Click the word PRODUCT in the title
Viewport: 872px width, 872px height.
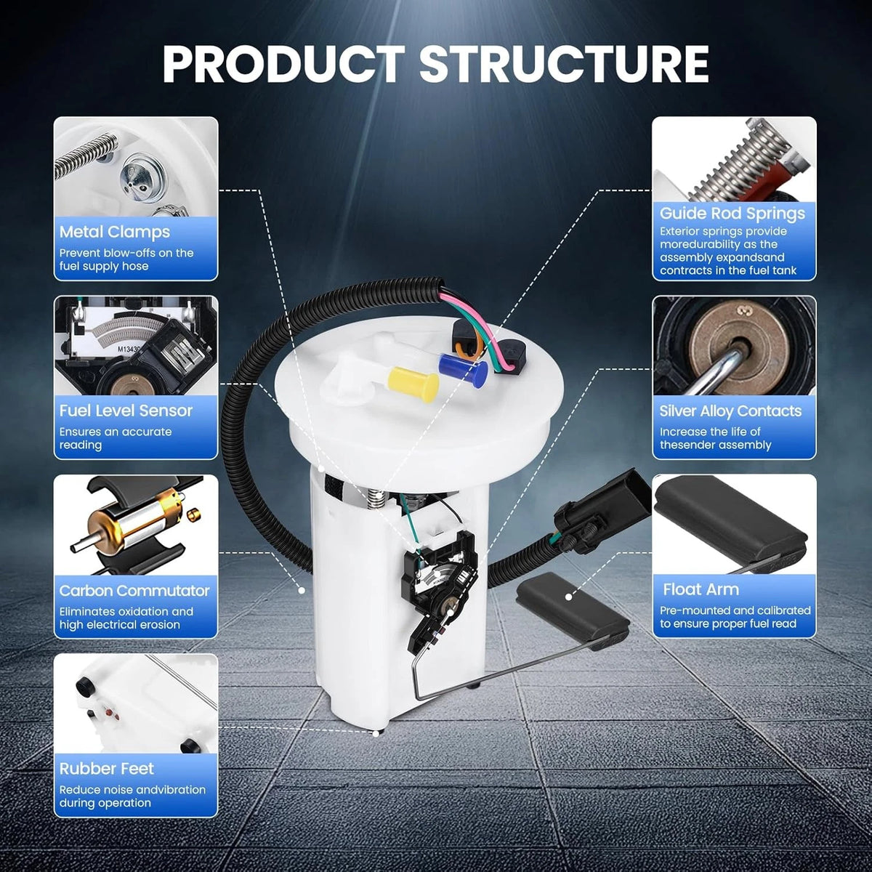point(283,63)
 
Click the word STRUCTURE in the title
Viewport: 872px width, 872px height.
point(565,63)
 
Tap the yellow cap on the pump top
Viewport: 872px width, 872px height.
point(413,384)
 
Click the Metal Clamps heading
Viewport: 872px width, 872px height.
point(115,232)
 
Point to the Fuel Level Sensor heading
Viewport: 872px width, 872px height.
point(126,411)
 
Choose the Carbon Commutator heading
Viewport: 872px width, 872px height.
point(134,591)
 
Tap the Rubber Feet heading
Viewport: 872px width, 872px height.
point(106,768)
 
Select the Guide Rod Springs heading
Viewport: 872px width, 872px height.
point(732,214)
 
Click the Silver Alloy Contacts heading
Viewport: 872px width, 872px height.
point(730,411)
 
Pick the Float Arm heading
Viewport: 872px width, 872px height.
point(701,589)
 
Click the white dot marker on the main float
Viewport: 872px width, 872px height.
point(568,597)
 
